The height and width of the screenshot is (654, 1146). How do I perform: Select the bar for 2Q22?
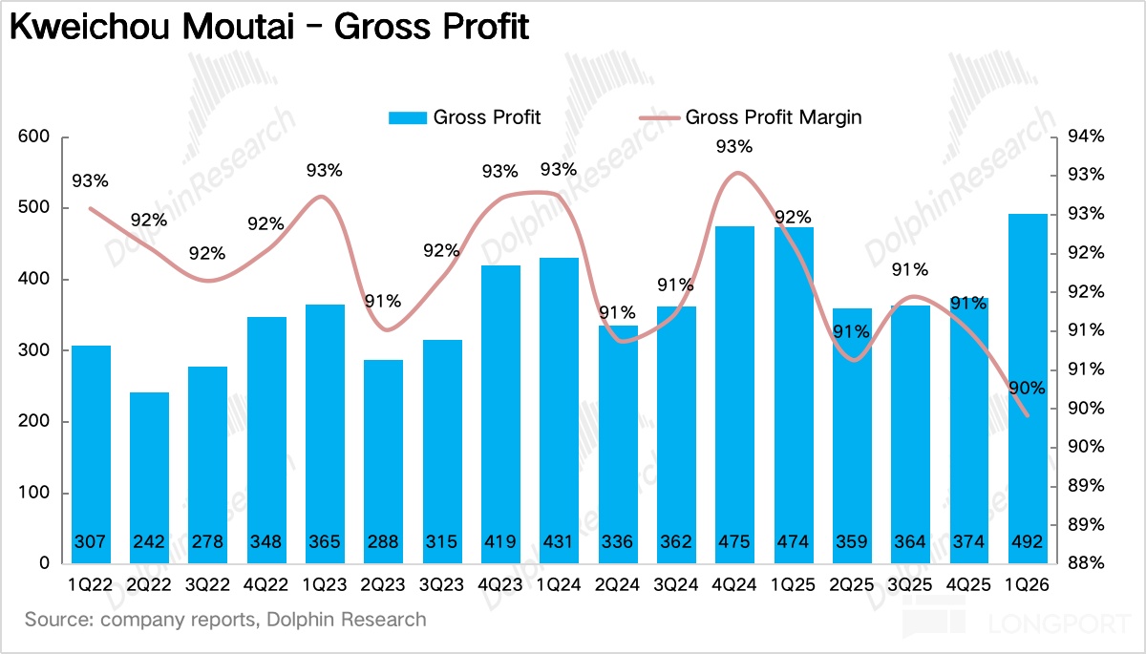coord(150,477)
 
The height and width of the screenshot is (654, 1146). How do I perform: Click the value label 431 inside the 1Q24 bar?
coord(560,542)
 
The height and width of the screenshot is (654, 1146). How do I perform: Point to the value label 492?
coord(1028,542)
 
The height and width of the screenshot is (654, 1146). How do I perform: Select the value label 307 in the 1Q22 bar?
coord(92,542)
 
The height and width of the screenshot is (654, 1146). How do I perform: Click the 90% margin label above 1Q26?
coord(1026,389)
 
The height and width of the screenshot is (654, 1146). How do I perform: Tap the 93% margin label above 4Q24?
coord(733,147)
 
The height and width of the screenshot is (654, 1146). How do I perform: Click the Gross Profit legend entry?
coord(465,117)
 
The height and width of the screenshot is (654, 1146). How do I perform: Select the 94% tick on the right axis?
coord(1085,137)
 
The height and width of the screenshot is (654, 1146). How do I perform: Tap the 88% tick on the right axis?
coord(1085,563)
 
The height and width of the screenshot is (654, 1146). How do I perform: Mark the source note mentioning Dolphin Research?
coord(225,620)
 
